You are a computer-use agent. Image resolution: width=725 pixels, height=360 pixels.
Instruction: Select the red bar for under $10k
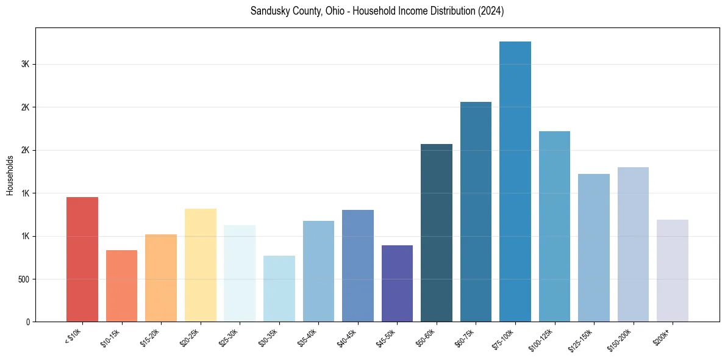click(82, 259)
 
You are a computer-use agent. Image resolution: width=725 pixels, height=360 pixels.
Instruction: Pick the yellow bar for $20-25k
click(200, 265)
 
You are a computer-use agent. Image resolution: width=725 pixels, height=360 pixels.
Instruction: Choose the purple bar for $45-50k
click(397, 283)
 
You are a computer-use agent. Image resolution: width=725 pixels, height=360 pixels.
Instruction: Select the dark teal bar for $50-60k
click(437, 232)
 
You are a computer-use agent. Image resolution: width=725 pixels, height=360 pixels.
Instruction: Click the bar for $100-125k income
click(554, 226)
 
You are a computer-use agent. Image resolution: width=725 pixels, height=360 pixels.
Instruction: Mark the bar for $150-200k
click(633, 244)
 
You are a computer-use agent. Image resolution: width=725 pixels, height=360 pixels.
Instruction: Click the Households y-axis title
click(10, 175)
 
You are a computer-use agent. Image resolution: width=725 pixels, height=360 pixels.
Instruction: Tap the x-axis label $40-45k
click(347, 337)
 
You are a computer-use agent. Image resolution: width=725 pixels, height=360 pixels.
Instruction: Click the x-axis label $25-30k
click(229, 337)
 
